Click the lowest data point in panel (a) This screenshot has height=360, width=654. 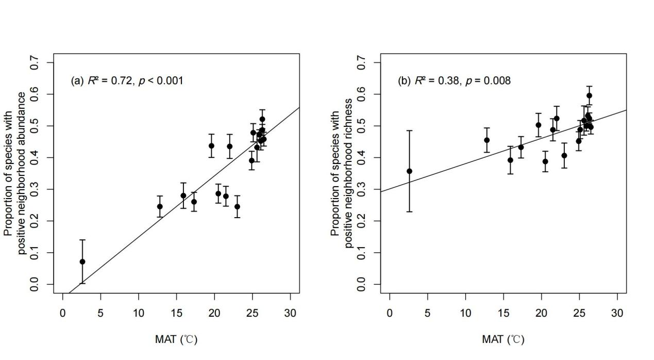point(82,261)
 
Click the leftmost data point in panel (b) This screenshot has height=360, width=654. point(409,171)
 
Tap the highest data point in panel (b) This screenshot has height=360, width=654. point(589,95)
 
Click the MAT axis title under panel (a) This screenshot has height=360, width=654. point(176,339)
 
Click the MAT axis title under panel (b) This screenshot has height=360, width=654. point(503,339)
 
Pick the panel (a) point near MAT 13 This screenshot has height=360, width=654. point(160,206)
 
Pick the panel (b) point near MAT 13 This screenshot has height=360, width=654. point(487,140)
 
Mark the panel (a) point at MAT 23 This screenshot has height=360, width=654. point(237,206)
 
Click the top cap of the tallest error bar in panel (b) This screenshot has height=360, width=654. point(409,130)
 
